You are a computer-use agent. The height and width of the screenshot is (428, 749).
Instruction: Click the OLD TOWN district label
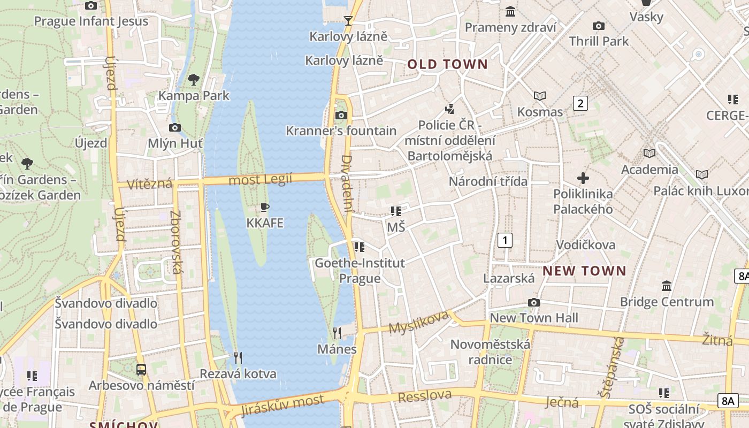(448, 65)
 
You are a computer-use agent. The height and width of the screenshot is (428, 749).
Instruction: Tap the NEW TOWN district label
(584, 271)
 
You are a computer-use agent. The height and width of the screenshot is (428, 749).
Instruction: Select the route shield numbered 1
(505, 240)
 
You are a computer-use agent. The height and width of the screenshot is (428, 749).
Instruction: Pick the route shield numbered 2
(580, 103)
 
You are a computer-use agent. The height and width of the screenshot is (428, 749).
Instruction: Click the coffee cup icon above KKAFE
(264, 208)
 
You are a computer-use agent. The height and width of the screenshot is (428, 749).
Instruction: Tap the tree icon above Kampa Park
(194, 80)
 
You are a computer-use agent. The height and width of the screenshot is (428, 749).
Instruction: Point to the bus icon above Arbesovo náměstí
(141, 370)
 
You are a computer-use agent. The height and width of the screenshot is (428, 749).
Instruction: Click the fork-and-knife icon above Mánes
(337, 333)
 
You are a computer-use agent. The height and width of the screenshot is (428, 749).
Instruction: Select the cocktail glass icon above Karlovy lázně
(348, 21)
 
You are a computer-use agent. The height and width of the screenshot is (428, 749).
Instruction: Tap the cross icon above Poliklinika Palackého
(583, 178)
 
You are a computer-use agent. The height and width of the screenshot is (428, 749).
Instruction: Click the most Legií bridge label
(261, 180)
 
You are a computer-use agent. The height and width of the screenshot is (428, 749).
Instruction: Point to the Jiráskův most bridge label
(282, 405)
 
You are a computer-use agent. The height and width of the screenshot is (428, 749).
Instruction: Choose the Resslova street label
(425, 396)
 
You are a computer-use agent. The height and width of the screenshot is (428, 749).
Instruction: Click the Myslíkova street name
(418, 322)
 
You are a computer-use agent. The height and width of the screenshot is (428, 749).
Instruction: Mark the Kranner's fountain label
(341, 131)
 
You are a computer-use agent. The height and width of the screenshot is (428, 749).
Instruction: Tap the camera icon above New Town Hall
(533, 303)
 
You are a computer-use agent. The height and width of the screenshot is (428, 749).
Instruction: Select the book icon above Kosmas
(540, 96)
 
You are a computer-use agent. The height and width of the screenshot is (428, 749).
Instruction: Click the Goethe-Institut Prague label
(360, 271)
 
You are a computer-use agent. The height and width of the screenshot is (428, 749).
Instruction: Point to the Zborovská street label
(175, 242)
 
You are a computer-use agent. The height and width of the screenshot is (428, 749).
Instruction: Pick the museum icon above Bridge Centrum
(667, 286)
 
